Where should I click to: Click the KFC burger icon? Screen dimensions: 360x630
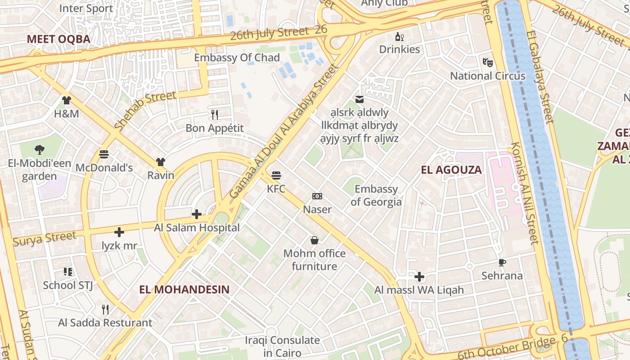[276, 175]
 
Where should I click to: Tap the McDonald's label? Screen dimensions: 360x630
[104, 168]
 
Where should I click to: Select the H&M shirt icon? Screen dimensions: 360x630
[67, 100]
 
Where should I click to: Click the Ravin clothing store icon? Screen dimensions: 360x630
[161, 162]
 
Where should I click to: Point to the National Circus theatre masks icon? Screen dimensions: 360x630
[487, 62]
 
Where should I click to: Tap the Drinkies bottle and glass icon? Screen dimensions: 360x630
[399, 36]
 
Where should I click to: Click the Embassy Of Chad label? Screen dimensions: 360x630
[237, 58]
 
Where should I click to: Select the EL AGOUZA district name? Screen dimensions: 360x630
[451, 170]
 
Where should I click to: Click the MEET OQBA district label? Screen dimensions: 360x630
[58, 39]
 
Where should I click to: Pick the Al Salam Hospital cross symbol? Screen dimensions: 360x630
[197, 214]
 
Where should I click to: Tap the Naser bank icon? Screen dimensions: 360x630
[317, 196]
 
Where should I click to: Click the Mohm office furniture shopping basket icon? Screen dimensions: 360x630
[315, 240]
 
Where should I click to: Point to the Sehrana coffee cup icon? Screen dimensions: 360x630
[502, 262]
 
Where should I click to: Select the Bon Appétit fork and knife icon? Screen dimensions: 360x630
[215, 115]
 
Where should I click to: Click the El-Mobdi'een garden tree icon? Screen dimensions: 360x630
[40, 150]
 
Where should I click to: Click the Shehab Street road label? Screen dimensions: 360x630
[145, 111]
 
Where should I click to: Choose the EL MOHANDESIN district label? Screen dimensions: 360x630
[184, 289]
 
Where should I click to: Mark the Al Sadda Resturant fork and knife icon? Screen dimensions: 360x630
[105, 310]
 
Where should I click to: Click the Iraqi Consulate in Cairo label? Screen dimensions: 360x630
[282, 346]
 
